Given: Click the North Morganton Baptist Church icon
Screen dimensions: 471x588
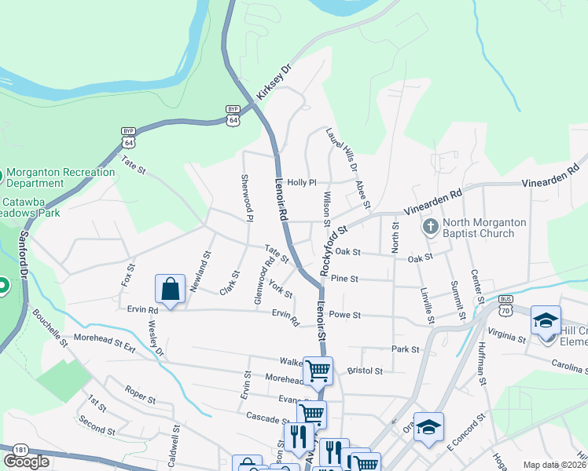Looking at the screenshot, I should [x=430, y=227].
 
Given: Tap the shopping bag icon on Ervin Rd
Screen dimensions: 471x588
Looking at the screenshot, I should [x=170, y=290].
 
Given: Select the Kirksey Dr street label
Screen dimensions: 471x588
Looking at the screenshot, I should [x=274, y=82].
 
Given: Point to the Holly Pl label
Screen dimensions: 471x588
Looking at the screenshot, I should [x=301, y=182].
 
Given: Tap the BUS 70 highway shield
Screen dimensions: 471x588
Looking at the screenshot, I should [x=506, y=305].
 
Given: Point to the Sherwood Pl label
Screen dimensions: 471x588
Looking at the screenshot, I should [x=247, y=198].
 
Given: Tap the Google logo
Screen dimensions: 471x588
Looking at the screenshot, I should [x=27, y=462].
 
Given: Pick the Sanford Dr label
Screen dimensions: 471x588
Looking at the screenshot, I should [x=24, y=255].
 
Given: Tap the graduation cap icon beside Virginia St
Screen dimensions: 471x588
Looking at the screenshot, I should [x=546, y=322].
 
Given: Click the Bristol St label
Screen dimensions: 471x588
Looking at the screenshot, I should [x=365, y=371].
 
